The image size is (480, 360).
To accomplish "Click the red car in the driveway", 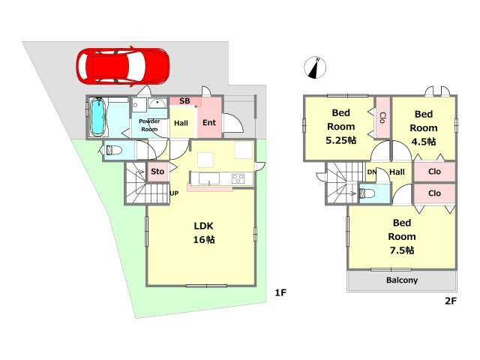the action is [123, 67].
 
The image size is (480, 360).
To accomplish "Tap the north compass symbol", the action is [315, 67].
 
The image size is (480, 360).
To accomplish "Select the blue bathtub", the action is [98, 117].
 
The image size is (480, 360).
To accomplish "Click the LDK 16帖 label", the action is [204, 232].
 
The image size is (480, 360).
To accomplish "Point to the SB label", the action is [184, 101].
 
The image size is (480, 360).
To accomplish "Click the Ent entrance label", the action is [209, 122].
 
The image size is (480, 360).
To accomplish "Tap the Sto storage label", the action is [157, 172].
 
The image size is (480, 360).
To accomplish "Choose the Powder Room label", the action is [149, 125].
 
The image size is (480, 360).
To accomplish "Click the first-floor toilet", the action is [114, 151].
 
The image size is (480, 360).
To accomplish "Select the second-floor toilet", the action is [367, 193].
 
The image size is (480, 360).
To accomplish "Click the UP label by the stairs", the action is [174, 193].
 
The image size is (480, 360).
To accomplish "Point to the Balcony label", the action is [402, 280].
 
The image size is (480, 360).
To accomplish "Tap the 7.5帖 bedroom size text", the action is [402, 250].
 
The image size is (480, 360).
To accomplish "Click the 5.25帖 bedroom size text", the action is [341, 140].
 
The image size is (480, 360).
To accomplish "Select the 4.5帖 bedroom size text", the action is [424, 142].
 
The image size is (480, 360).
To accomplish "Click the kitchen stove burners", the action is [238, 178].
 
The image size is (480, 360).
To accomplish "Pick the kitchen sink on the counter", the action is [209, 178].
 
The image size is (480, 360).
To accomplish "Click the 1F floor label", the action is [280, 293].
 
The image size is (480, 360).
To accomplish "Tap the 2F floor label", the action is [451, 301].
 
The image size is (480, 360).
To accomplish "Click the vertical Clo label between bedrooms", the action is [382, 118].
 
